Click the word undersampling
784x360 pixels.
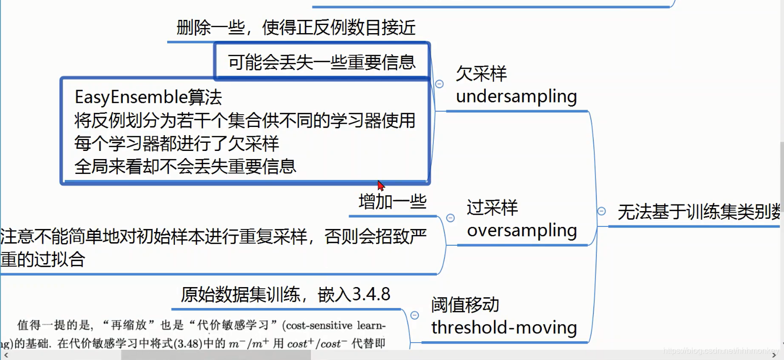516,96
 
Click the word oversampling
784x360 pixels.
522,230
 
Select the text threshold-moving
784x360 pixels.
504,327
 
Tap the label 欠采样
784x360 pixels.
481,74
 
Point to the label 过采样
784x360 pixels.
492,208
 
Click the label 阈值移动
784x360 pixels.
465,305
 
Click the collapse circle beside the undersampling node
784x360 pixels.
439,84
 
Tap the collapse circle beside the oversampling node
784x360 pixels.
450,218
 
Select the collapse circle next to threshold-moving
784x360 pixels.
415,316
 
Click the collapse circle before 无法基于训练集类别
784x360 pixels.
602,211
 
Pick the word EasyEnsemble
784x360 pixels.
131,97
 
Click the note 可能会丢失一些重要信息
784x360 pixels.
322,62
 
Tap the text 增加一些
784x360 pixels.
393,202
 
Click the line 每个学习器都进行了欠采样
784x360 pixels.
177,144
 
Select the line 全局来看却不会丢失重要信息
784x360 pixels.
185,167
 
